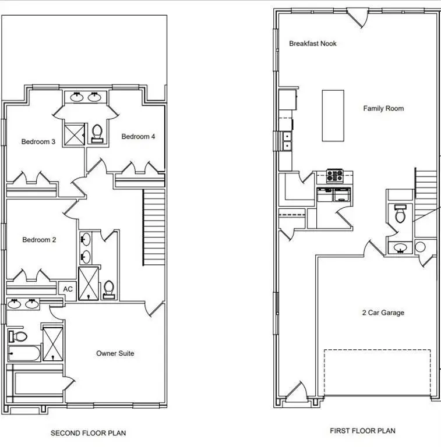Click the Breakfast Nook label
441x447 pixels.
[313, 44]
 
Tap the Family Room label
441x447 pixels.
[383, 108]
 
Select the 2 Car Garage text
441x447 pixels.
[383, 313]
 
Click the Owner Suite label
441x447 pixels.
[115, 353]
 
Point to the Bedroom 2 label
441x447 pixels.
[39, 240]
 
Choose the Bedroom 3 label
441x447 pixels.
[38, 141]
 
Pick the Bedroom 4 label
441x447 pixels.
[138, 137]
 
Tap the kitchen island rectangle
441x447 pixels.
[333, 115]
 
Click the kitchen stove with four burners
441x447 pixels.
[334, 175]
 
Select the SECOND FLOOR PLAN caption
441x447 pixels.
[88, 433]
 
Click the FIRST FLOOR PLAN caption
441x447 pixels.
[362, 431]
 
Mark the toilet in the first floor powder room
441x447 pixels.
[400, 215]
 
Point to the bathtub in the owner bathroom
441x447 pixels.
[24, 353]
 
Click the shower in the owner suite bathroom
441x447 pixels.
[52, 344]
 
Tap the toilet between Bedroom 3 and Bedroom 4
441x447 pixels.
[97, 134]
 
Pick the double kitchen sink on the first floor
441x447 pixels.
[287, 140]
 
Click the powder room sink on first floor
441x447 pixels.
[400, 249]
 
